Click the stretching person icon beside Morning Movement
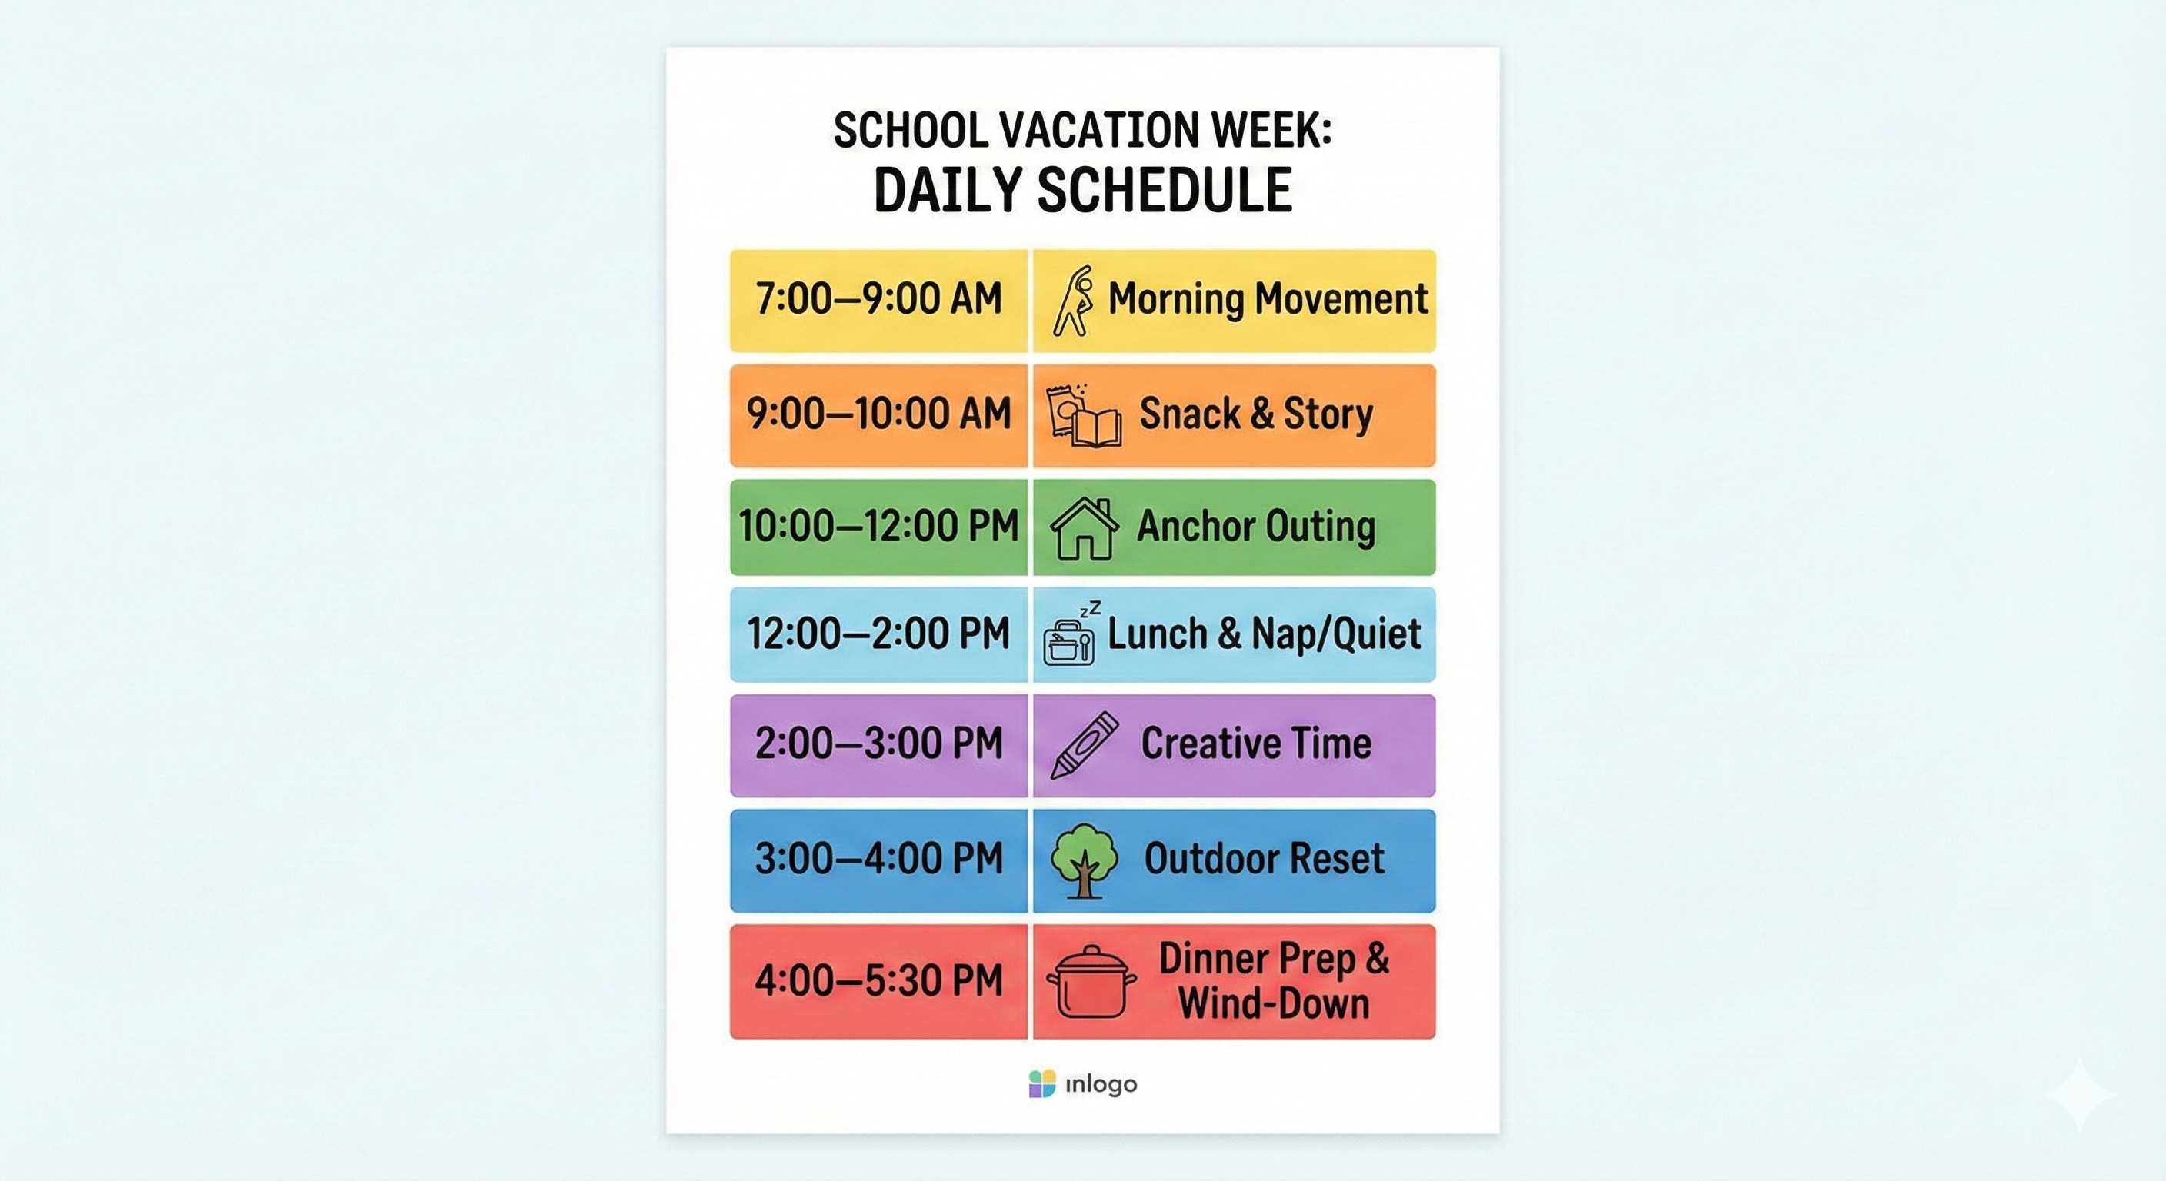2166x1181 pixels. pyautogui.click(x=1074, y=301)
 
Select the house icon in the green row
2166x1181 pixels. pyautogui.click(x=1084, y=528)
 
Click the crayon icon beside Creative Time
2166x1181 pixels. pyautogui.click(x=1085, y=745)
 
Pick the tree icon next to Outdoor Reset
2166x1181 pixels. pyautogui.click(x=1084, y=860)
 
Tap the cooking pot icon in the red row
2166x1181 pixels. pyautogui.click(x=1091, y=982)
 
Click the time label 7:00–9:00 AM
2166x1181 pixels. pyautogui.click(x=878, y=299)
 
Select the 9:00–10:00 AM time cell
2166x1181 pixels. pyautogui.click(x=878, y=414)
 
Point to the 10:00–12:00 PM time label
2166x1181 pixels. pyautogui.click(x=878, y=526)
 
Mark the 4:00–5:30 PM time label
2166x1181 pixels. pyautogui.click(x=878, y=981)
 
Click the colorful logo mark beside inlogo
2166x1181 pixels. pyautogui.click(x=1041, y=1083)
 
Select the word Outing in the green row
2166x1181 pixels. pyautogui.click(x=1320, y=526)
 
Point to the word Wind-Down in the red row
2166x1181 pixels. pyautogui.click(x=1273, y=1003)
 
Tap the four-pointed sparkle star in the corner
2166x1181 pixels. pyautogui.click(x=2079, y=1093)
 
